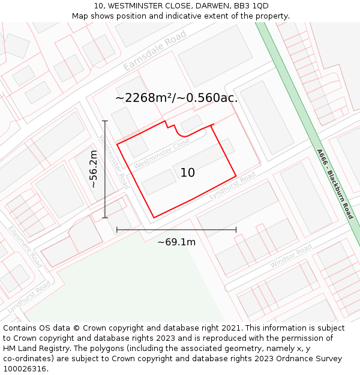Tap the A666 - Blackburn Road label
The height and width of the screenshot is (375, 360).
335,184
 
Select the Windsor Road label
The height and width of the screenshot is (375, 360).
291,257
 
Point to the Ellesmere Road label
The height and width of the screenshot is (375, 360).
25,247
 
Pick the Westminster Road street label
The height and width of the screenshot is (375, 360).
113,161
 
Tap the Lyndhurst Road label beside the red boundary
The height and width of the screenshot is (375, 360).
232,185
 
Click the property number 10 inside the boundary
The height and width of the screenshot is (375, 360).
187,173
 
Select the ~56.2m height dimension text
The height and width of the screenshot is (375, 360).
94,169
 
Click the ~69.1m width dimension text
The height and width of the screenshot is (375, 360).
176,242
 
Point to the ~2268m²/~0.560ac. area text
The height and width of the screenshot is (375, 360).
176,98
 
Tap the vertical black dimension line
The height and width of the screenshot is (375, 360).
105,169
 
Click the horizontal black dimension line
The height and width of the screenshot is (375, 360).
176,229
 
